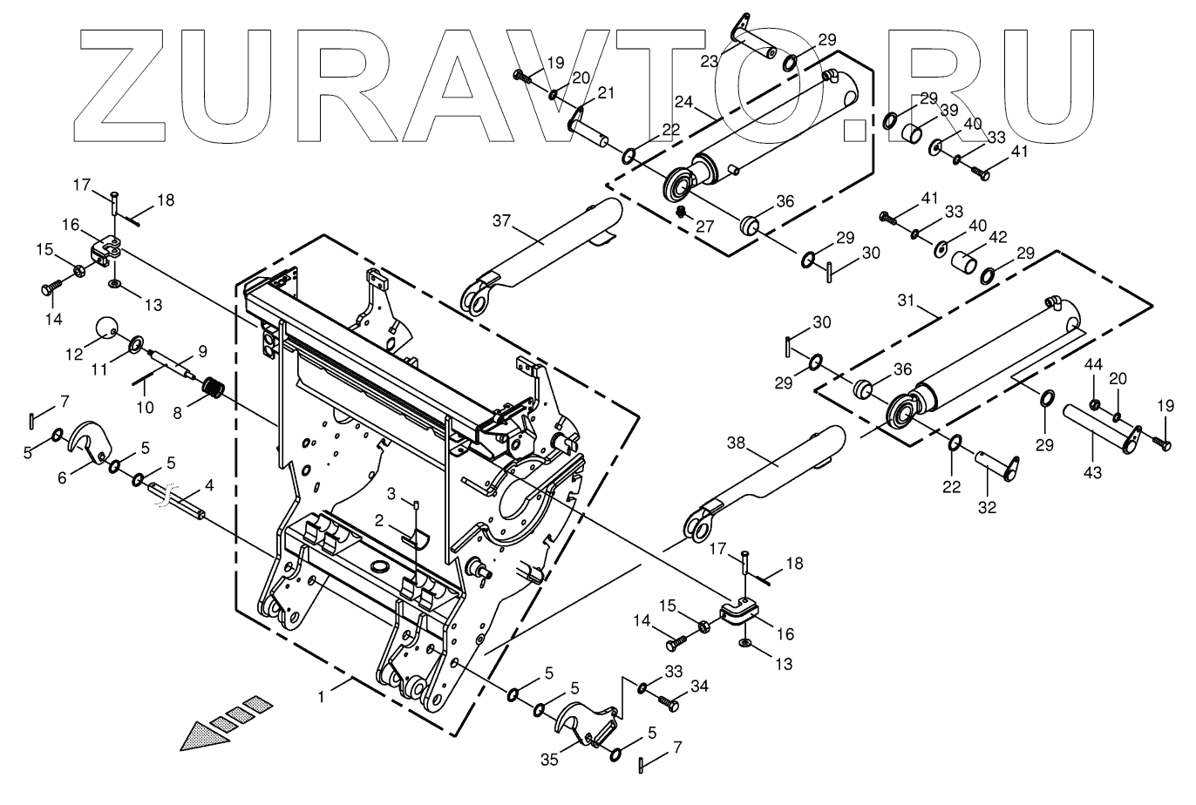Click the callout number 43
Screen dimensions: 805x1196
point(1092,472)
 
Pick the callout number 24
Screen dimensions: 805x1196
point(683,103)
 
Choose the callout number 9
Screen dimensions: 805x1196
point(201,352)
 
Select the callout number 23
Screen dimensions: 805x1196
point(710,60)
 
